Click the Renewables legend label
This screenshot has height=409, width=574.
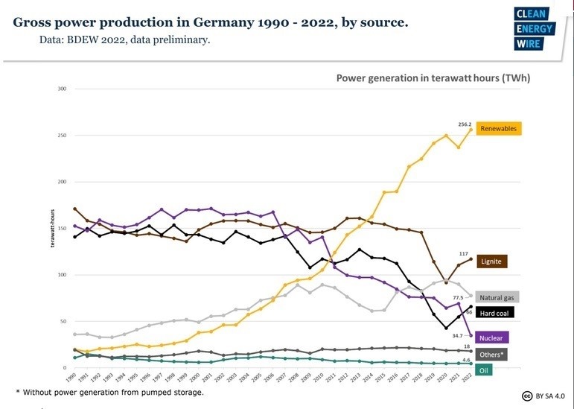pos(498,129)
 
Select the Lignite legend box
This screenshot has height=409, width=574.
pos(492,261)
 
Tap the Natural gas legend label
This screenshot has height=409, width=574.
pos(497,297)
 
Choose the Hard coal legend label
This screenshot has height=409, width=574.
pos(494,313)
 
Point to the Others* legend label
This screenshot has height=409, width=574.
pos(492,355)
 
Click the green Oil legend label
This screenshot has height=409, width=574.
pos(484,370)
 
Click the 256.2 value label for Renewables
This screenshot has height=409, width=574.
pos(465,125)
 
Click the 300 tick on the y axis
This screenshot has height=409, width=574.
pos(62,89)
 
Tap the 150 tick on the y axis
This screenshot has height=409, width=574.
pos(62,229)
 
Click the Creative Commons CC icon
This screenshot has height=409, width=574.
pos(526,396)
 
